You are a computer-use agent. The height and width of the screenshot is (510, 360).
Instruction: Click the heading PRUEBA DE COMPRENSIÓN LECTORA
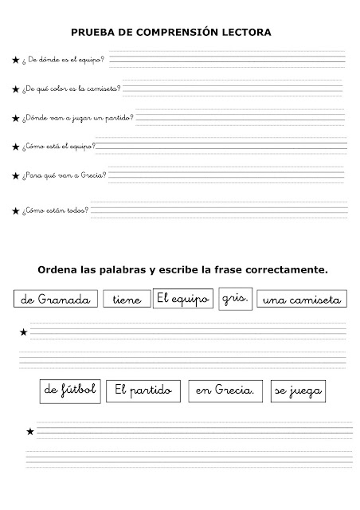coord(172,33)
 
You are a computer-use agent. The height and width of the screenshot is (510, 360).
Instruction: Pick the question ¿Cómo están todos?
coord(56,211)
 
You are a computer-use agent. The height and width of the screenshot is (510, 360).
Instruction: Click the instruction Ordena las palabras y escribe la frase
coord(182,269)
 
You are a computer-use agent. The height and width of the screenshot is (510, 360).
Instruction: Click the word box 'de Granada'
coord(56,300)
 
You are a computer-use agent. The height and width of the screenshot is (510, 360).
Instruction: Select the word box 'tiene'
coord(127,300)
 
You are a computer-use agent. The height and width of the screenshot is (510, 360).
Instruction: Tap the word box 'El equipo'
coord(182,298)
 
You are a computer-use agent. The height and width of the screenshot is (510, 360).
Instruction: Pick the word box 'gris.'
coord(237,298)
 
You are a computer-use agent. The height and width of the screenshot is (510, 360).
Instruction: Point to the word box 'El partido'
coord(144,390)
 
